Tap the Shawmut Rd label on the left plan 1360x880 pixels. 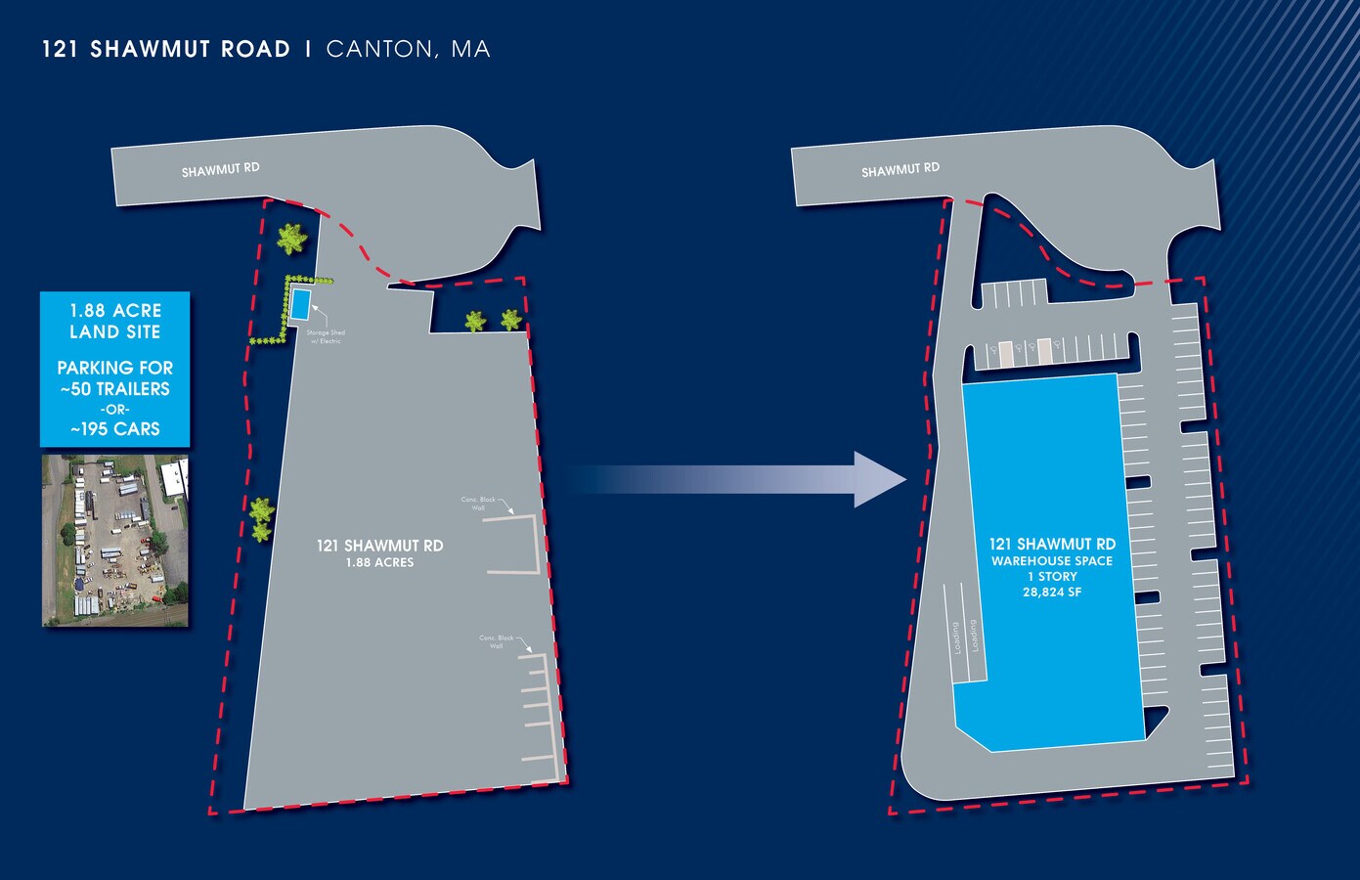point(221,169)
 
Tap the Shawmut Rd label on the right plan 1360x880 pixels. point(900,170)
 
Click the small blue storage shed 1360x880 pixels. point(300,304)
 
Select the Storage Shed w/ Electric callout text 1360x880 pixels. point(326,336)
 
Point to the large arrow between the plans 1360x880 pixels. point(743,479)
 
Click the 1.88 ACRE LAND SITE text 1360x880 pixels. point(115,321)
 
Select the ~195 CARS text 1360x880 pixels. point(115,429)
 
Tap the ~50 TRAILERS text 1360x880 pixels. point(115,389)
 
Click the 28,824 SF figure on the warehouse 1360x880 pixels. point(1052,593)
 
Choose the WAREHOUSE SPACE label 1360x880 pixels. point(1052,561)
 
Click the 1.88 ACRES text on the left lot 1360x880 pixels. point(379,563)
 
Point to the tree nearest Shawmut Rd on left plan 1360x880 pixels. point(291,239)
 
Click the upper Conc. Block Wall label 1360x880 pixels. point(479,504)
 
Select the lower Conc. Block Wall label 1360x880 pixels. point(497,642)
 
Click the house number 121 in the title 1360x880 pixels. point(60,49)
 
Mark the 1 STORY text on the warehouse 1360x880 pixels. point(1052,577)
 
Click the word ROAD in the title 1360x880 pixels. point(257,49)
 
